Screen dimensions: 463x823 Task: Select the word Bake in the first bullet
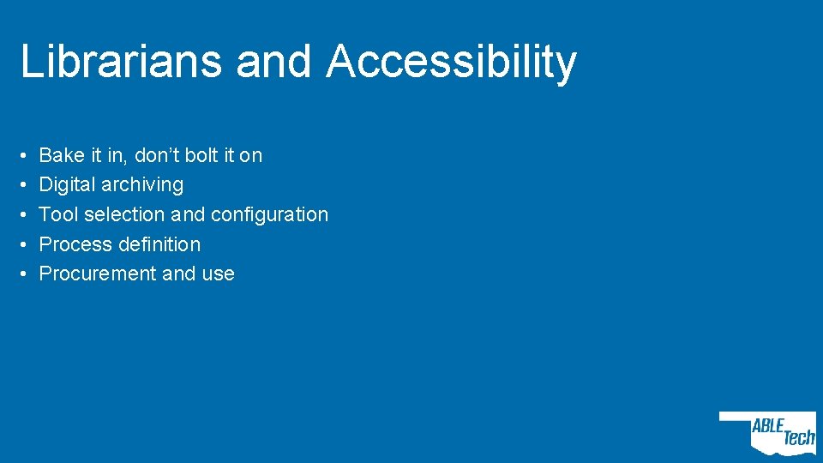coord(62,155)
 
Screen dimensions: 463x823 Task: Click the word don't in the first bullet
coord(157,155)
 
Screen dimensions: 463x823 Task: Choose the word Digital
coord(68,185)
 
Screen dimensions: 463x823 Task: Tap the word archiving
coord(143,185)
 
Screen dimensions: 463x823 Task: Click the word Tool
coord(59,214)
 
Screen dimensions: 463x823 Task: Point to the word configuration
coord(269,215)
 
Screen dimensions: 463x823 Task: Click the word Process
coord(76,244)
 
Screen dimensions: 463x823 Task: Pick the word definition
coord(159,244)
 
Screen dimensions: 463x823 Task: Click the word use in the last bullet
coord(218,274)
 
